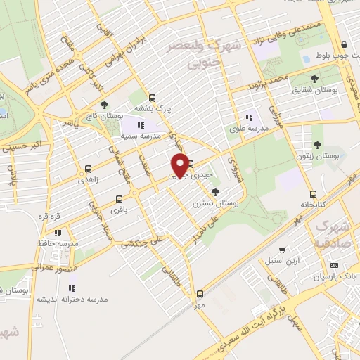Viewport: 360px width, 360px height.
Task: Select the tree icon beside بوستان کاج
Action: pos(105,105)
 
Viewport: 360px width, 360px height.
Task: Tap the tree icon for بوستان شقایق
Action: pos(314,79)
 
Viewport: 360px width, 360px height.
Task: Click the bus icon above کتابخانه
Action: pos(313,194)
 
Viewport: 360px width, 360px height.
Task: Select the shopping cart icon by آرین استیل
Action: pos(282,250)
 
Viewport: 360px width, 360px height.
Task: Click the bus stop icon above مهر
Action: pos(200,295)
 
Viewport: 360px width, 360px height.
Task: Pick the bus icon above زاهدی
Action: pos(89,169)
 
